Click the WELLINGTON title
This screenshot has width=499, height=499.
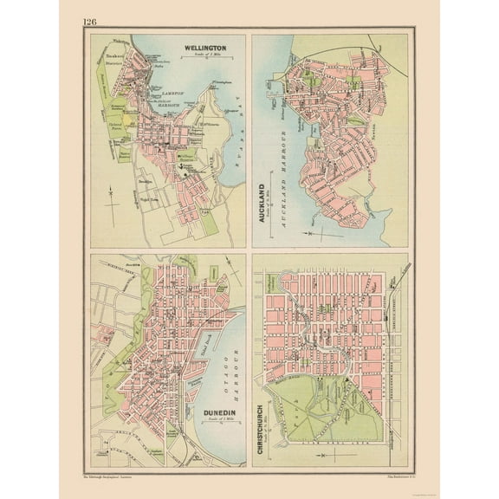pos(204,49)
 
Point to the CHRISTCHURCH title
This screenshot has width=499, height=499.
pos(261,428)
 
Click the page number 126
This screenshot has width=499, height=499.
pos(91,22)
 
